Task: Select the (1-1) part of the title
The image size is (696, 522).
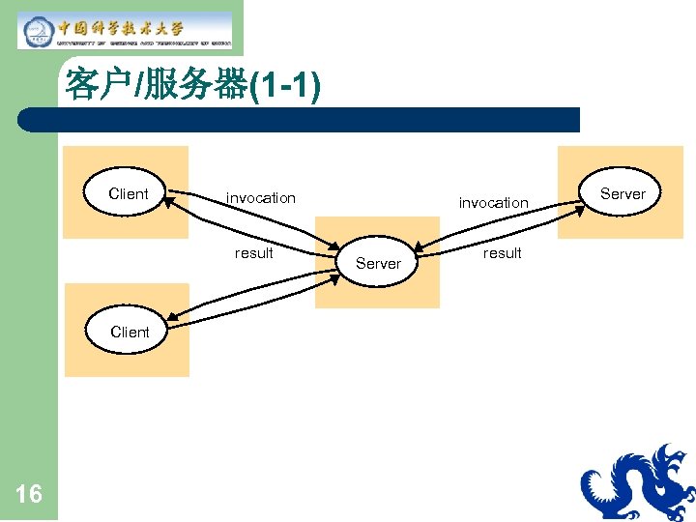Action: coord(285,86)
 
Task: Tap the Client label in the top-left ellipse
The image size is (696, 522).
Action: coord(129,194)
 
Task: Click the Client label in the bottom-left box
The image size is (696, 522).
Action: coord(130,332)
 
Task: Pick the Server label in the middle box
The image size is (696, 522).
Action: coord(378,263)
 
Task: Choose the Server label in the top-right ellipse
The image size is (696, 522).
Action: coord(623,194)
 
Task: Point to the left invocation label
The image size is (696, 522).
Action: coord(261,198)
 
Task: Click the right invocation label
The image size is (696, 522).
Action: coord(493,203)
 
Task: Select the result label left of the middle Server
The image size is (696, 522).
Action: coord(254,253)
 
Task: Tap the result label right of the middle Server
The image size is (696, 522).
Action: coord(502,253)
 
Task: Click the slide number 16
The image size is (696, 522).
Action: coord(29,495)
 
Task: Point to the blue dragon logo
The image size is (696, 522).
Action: coord(638,483)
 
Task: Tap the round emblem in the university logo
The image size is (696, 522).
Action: coord(39,31)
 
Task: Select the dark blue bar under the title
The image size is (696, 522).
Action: coord(300,120)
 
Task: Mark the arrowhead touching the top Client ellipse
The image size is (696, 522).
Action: coord(172,196)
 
